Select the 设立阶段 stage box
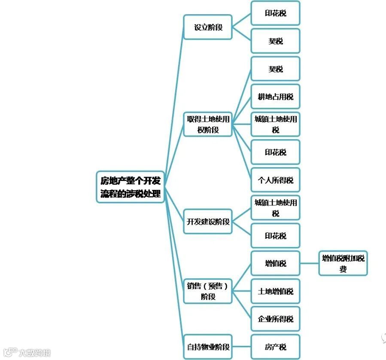pos(208,27)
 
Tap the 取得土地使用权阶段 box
pos(208,124)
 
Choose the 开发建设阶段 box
pos(208,222)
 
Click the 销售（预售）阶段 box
pos(208,291)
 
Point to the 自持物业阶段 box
pos(208,347)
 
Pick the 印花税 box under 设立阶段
pos(275,13)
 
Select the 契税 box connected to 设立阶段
pos(275,41)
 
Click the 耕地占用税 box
pos(275,97)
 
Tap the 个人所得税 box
pos(275,180)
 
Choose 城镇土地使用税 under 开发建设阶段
pos(275,208)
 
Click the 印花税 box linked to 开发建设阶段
pos(275,236)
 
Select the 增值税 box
pos(275,263)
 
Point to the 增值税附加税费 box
pos(343,263)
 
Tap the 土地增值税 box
pos(275,291)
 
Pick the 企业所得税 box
pos(275,319)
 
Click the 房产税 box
pos(275,347)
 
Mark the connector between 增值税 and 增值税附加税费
pos(309,263)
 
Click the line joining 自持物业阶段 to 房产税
pos(241,347)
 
